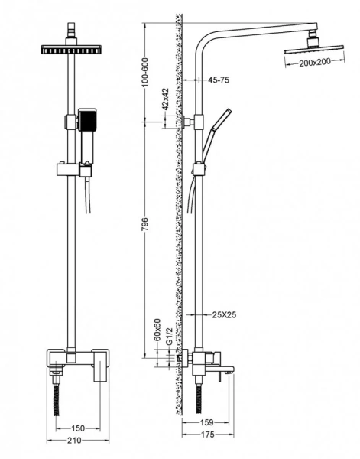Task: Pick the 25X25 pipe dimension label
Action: click(223, 314)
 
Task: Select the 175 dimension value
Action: click(207, 436)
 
